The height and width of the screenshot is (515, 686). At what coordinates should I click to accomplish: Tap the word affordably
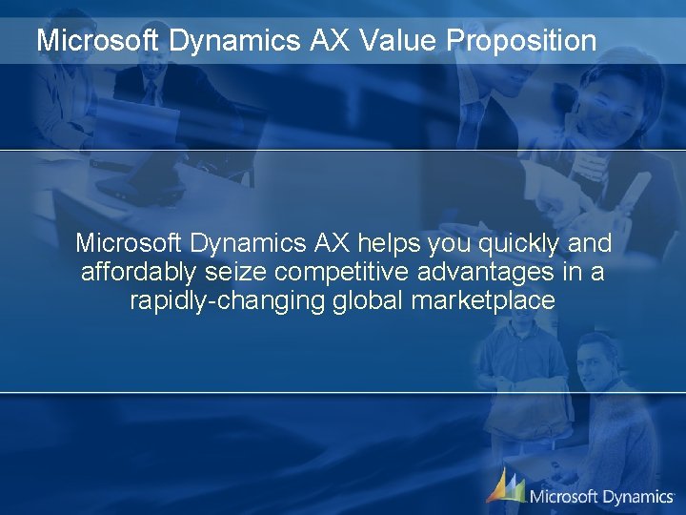[138, 273]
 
